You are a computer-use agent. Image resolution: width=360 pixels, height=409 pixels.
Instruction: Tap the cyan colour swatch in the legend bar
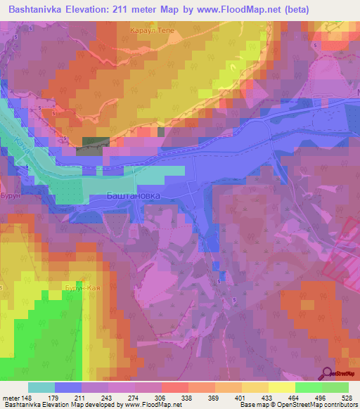pos(41,387)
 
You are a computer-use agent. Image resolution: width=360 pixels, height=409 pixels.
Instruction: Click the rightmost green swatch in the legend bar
pos(335,387)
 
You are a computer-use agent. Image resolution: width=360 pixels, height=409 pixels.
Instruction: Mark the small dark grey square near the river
pos(91,142)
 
